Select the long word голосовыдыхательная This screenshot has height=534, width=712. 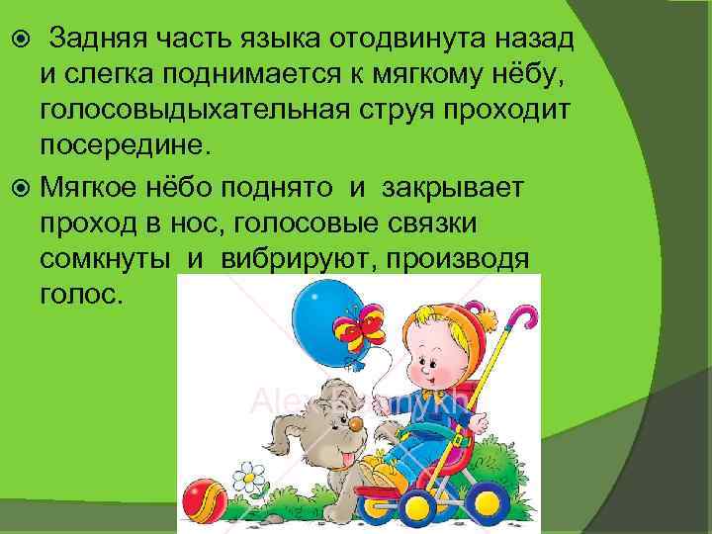click(187, 110)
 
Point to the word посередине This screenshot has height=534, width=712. click(126, 145)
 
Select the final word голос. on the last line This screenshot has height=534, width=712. click(82, 296)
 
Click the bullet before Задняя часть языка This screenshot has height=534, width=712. click(20, 41)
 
